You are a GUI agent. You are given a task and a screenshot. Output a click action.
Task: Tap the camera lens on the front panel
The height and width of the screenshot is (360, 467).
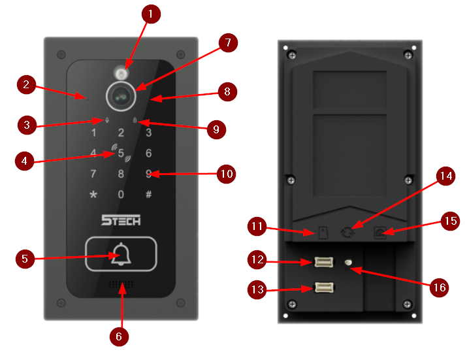[121, 95]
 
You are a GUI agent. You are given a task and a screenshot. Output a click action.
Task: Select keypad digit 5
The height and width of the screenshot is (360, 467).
[121, 154]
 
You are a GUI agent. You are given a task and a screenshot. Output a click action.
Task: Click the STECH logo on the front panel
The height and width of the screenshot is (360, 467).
[121, 220]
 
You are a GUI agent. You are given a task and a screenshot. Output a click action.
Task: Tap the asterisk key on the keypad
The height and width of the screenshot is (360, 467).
[93, 195]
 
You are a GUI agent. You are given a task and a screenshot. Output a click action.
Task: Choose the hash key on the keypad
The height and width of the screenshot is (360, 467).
[149, 194]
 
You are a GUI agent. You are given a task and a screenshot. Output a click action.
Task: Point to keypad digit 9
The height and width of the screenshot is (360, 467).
[149, 174]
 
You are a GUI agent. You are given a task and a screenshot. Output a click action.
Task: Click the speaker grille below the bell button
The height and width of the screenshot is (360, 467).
[121, 286]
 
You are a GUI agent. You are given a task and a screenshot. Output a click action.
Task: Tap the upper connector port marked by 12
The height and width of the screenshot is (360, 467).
[324, 263]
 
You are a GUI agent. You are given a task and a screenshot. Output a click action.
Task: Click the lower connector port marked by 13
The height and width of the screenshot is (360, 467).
[324, 287]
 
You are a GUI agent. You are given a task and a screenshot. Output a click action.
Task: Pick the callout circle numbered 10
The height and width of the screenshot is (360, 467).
[226, 174]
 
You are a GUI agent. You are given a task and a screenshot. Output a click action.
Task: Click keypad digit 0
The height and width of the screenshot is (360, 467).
[121, 194]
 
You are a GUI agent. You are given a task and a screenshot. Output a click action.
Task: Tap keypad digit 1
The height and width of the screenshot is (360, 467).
[93, 133]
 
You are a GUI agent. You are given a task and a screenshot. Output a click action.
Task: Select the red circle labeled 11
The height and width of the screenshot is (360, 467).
[257, 227]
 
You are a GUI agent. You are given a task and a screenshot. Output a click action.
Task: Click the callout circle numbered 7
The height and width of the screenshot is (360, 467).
[227, 43]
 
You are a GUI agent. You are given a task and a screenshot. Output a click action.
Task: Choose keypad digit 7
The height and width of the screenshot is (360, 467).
[93, 174]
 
